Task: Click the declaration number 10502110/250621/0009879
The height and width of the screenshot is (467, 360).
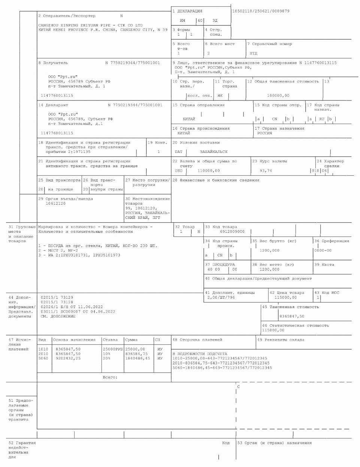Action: point(261,11)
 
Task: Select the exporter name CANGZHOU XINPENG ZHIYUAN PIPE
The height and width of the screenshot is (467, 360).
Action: point(75,25)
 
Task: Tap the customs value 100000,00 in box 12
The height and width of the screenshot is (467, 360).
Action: point(278,96)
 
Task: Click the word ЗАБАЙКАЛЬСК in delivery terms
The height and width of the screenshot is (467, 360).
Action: point(214,152)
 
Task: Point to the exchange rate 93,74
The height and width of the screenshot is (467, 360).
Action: point(266,171)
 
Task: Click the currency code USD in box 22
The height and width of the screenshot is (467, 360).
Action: point(179,171)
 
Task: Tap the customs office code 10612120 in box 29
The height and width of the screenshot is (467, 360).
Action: point(55,204)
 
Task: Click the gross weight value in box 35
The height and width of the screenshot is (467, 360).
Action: point(269,250)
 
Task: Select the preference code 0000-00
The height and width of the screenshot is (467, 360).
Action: point(323,250)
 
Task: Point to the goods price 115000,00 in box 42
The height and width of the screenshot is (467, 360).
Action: point(285,297)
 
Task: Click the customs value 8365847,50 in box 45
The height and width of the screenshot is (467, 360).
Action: point(292,316)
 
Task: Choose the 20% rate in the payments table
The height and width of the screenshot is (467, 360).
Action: point(107,358)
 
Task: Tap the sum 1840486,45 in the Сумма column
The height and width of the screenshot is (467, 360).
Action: point(137,358)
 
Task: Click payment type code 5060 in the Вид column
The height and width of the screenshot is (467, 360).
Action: point(43,358)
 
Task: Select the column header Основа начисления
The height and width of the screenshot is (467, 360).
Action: point(74,340)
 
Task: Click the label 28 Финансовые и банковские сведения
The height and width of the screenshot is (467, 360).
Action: point(216,180)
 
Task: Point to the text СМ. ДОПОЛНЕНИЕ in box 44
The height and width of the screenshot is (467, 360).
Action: point(58,316)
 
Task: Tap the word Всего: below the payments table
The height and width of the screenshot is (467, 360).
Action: point(110,377)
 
